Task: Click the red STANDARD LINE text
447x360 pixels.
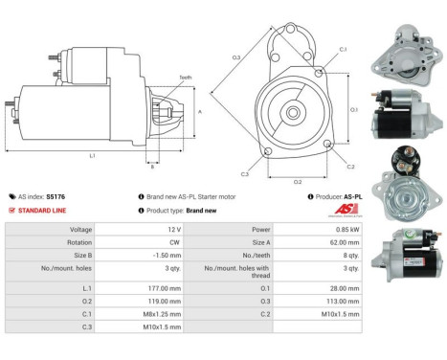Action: coord(44,209)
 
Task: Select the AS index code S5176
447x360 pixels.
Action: coord(69,194)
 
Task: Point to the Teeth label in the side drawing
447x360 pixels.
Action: coord(185,79)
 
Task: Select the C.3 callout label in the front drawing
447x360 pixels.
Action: coord(246,173)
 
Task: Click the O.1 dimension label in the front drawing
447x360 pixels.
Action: coord(353,109)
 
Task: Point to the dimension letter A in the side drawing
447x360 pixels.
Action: coord(199,111)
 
